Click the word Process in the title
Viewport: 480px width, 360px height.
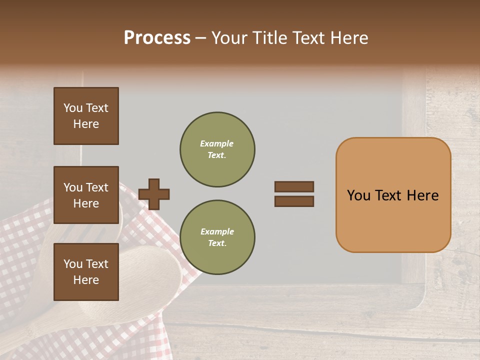pyautogui.click(x=157, y=38)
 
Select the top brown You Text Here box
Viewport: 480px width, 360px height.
pyautogui.click(x=86, y=116)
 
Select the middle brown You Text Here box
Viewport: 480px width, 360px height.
pyautogui.click(x=86, y=195)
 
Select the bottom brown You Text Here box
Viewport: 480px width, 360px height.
pyautogui.click(x=86, y=272)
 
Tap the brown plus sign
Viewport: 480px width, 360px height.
pyautogui.click(x=154, y=194)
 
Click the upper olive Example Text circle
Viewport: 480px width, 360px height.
pyautogui.click(x=217, y=149)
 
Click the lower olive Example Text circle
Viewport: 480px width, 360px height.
pyautogui.click(x=217, y=237)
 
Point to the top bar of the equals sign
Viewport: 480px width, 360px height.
pyautogui.click(x=294, y=186)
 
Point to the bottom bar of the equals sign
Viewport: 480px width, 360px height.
pyautogui.click(x=294, y=201)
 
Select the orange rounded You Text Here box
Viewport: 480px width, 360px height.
pyautogui.click(x=393, y=195)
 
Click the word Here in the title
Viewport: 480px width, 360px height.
pyautogui.click(x=348, y=38)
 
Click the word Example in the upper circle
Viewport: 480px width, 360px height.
pyautogui.click(x=217, y=143)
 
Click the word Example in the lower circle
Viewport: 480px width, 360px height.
pyautogui.click(x=217, y=231)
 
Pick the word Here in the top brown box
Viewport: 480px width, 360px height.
pyautogui.click(x=86, y=124)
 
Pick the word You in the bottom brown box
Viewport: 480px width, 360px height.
pyautogui.click(x=73, y=264)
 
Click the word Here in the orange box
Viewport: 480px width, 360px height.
pyautogui.click(x=422, y=195)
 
